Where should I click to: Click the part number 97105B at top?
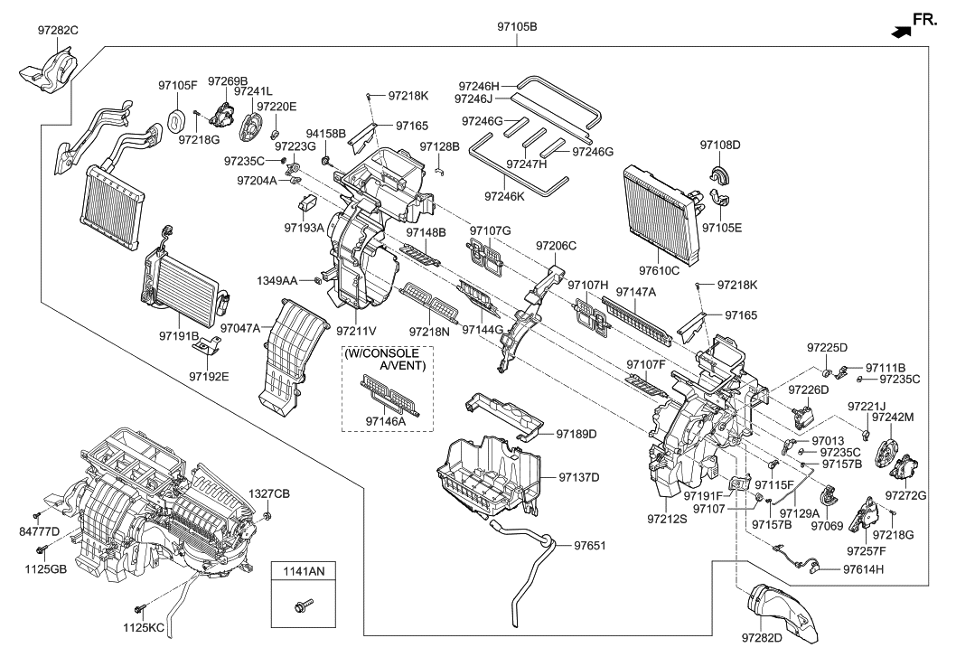[517, 26]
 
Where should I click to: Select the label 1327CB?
[268, 493]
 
